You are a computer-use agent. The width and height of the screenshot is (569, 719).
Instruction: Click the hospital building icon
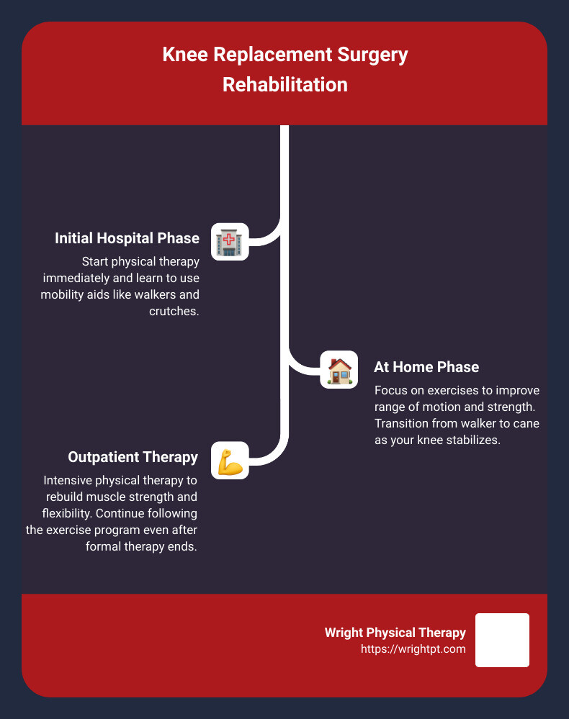(230, 241)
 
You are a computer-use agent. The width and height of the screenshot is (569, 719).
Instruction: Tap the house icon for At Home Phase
(339, 370)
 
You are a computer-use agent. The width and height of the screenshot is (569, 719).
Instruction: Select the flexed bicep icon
(230, 461)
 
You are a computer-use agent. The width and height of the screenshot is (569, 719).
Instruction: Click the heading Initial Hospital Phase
(127, 238)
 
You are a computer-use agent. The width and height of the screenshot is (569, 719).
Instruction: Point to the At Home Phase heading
(426, 367)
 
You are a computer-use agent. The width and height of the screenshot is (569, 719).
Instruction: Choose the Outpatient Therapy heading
(133, 457)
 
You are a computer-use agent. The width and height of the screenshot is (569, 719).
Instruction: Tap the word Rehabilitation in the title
(284, 84)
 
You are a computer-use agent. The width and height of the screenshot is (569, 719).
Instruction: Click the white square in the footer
(502, 640)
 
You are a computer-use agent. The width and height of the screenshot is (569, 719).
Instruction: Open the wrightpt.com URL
(413, 648)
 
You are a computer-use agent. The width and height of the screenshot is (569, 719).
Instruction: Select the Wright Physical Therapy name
(395, 633)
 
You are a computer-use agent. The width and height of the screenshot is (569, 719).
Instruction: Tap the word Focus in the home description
(390, 391)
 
